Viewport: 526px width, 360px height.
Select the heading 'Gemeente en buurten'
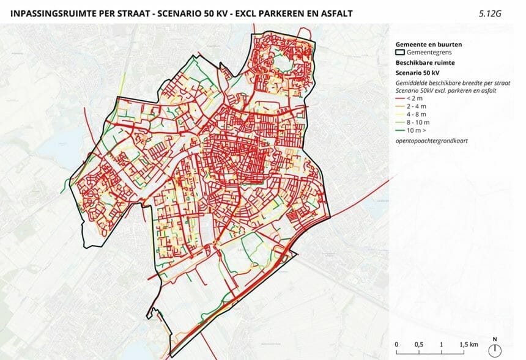pos(429,45)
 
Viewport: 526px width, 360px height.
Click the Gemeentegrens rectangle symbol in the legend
pos(401,53)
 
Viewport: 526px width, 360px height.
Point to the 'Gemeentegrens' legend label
pos(428,53)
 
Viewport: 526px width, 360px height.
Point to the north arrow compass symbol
pos(495,350)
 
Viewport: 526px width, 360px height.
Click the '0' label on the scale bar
pos(396,345)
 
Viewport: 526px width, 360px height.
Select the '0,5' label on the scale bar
pos(419,345)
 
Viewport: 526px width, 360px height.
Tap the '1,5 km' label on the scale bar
pos(468,345)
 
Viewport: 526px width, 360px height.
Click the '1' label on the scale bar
pos(442,345)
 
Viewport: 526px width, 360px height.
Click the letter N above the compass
pos(495,339)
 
